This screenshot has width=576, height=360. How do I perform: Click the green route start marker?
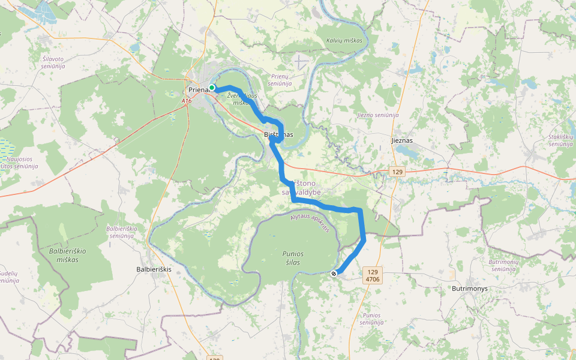[x=212, y=88]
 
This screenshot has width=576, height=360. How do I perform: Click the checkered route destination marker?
[x=334, y=274]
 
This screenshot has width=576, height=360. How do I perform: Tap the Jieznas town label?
[x=402, y=140]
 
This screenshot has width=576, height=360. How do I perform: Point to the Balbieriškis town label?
[x=154, y=269]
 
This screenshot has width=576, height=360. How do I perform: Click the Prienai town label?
[x=197, y=90]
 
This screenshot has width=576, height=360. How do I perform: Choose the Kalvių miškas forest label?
[x=346, y=40]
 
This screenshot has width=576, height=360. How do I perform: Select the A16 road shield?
[x=187, y=101]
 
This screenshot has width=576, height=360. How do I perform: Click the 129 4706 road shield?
[x=373, y=275]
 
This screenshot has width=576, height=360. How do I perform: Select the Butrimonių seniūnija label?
[x=503, y=265]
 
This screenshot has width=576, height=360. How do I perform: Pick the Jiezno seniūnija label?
[x=377, y=115]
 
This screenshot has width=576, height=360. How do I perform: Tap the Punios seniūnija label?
[x=372, y=319]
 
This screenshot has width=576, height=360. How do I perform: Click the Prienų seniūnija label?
[x=281, y=80]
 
